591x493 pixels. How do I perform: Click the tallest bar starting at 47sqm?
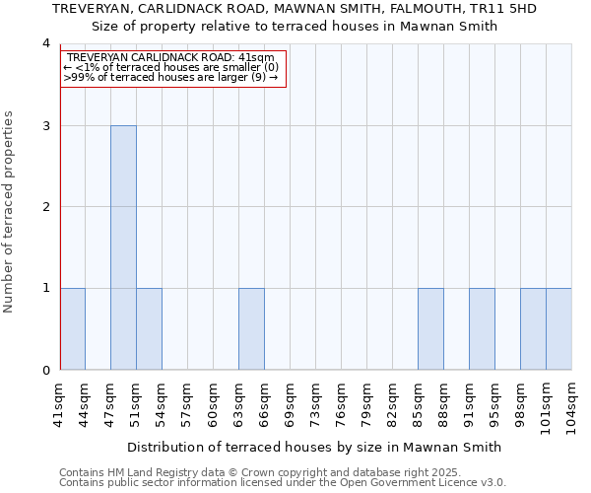123,247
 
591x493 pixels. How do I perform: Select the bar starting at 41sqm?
72,329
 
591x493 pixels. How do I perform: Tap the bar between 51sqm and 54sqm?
149,329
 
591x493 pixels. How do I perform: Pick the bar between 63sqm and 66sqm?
251,329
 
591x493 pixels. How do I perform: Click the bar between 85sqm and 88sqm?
430,329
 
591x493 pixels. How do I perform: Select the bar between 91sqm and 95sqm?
482,329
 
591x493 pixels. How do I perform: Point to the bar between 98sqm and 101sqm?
533,329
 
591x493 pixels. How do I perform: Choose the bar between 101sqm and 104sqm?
558,329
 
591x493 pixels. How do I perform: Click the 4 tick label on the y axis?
46,44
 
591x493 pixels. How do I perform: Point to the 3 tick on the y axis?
46,126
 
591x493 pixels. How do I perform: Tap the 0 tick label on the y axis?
46,371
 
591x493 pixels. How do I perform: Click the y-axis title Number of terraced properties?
10,211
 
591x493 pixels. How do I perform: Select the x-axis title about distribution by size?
316,447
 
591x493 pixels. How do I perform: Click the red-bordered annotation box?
173,68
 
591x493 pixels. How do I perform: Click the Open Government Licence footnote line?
283,483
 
